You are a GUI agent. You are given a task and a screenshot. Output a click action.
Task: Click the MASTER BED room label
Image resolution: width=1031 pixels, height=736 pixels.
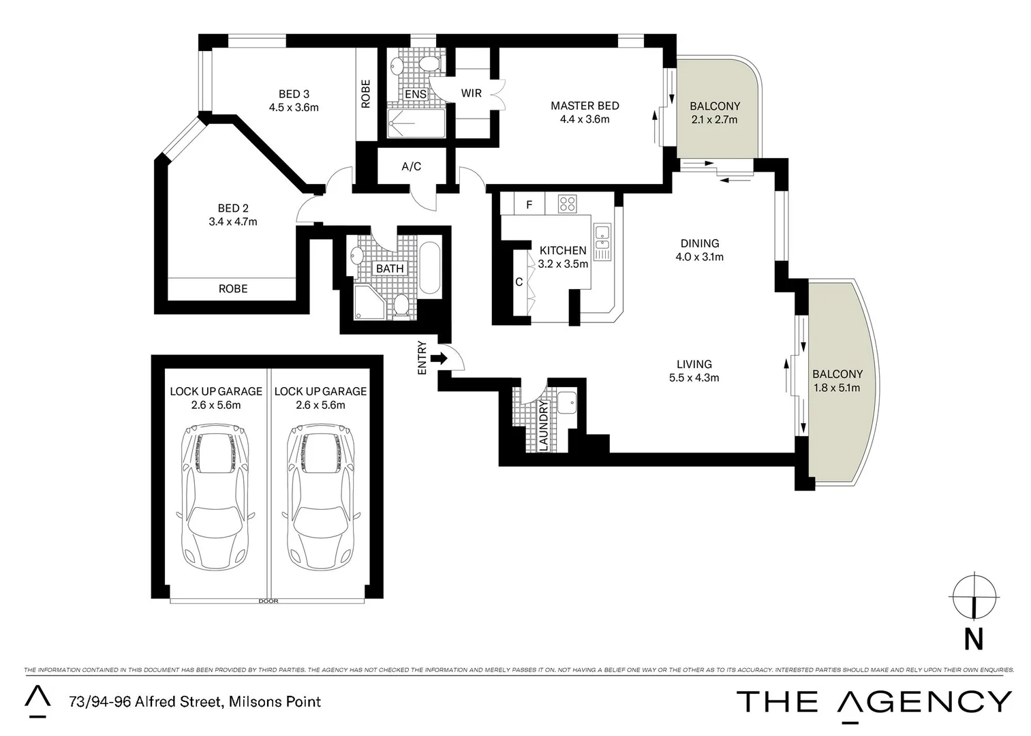585,106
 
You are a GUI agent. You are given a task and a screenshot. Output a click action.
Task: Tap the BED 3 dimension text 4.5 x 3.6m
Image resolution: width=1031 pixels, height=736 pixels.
294,108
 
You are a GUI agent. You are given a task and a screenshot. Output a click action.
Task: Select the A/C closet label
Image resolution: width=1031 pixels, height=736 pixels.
411,166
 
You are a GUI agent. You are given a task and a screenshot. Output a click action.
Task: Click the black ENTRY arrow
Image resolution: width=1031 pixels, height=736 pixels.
442,358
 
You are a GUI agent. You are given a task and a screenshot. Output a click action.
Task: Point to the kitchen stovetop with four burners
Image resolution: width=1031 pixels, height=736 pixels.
567,204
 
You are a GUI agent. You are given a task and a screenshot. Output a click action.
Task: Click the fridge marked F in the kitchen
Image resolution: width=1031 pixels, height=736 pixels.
529,204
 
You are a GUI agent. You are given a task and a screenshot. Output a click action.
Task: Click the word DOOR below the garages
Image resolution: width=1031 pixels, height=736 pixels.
268,601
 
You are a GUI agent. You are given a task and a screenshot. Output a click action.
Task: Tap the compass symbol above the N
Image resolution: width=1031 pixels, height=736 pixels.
974,596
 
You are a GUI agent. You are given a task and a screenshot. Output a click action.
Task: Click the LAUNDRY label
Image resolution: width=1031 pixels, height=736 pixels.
543,426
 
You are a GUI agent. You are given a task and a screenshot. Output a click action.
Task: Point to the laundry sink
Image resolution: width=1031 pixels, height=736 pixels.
566,402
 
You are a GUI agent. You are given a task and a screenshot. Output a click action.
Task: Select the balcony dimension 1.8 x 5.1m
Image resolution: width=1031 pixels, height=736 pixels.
837,388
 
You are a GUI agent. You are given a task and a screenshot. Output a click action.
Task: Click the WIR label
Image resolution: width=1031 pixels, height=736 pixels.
472,93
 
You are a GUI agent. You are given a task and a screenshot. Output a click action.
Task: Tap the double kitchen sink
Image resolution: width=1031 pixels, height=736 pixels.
602,242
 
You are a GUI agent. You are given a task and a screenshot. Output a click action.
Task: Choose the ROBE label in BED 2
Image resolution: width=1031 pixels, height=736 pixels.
233,288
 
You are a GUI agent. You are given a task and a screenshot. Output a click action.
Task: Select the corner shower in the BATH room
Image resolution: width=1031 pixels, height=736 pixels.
369,301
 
